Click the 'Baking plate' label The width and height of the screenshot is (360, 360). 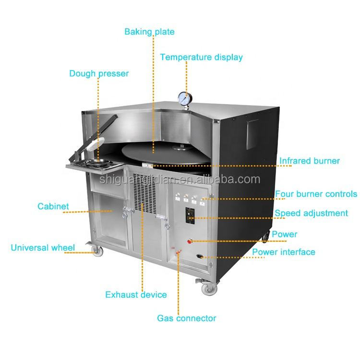(x=149, y=32)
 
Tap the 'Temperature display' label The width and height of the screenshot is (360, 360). (x=201, y=57)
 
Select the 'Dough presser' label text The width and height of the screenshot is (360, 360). (x=99, y=73)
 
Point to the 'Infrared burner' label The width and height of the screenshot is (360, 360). (x=310, y=161)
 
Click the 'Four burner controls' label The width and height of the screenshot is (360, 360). (x=316, y=194)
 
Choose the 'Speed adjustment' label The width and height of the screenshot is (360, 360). (x=311, y=213)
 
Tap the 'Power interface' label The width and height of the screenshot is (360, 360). (x=284, y=252)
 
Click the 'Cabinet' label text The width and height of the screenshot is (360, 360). (x=53, y=207)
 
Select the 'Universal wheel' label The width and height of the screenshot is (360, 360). (x=43, y=248)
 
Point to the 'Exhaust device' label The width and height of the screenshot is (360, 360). (x=136, y=295)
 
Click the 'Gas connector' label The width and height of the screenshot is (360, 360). (x=187, y=318)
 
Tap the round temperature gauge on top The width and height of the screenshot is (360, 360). (x=184, y=97)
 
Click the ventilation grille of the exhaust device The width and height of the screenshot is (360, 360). (x=144, y=190)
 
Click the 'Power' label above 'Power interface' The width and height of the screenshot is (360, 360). (x=285, y=234)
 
